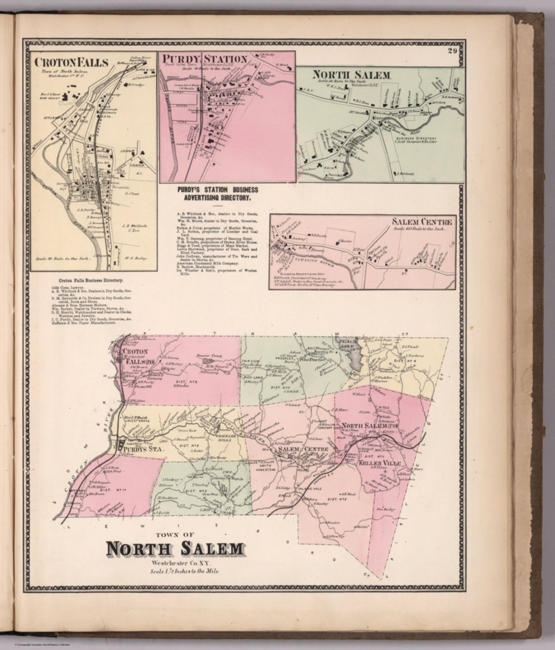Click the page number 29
point(452,52)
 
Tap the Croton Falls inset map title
point(71,63)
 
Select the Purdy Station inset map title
point(205,58)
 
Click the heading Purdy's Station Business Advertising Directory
point(217,193)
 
